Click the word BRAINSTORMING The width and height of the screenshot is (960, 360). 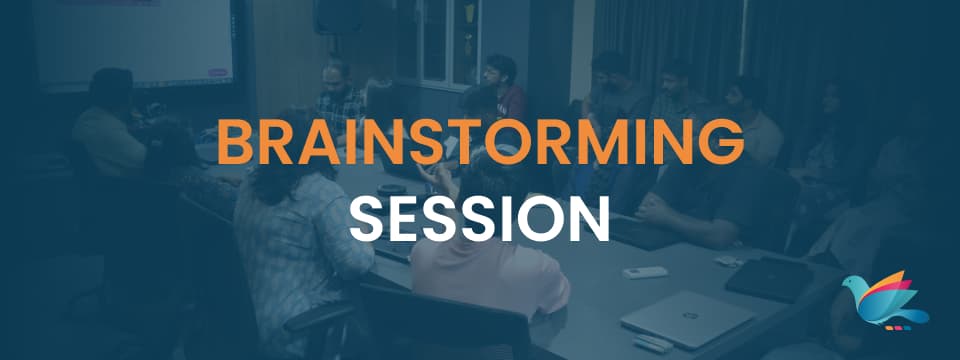481,142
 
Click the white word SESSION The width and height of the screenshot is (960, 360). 479,219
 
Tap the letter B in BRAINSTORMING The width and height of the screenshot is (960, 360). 235,142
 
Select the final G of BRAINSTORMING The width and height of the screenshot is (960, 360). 723,142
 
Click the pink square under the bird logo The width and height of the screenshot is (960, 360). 898,328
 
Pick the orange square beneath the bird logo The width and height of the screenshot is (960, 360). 888,328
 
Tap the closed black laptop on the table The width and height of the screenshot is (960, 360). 768,279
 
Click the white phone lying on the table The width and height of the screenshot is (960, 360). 645,272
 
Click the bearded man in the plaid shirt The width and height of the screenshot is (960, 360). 339,98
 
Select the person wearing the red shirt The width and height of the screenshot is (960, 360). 503,88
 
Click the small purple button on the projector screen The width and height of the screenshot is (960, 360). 218,73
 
